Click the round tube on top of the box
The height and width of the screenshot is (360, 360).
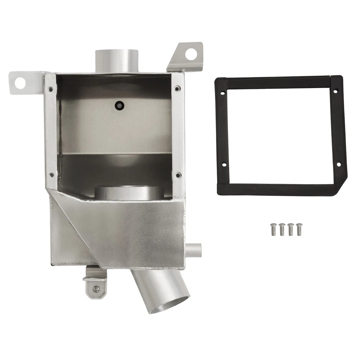pyautogui.click(x=117, y=61)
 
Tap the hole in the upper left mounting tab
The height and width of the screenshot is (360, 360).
pyautogui.click(x=19, y=82)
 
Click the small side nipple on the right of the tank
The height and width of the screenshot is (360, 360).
pyautogui.click(x=194, y=250)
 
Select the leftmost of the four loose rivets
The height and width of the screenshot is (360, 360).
pyautogui.click(x=273, y=229)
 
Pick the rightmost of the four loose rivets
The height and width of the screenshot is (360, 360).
pyautogui.click(x=299, y=229)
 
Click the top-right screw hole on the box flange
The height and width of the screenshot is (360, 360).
pyautogui.click(x=177, y=88)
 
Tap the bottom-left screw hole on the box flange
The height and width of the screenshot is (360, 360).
pyautogui.click(x=51, y=175)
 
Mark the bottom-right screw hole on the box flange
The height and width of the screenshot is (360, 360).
pyautogui.click(x=178, y=175)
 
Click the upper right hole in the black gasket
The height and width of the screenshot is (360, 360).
pyautogui.click(x=335, y=91)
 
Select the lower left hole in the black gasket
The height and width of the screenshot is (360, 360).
pyautogui.click(x=224, y=165)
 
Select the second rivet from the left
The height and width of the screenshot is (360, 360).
pyautogui.click(x=282, y=229)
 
